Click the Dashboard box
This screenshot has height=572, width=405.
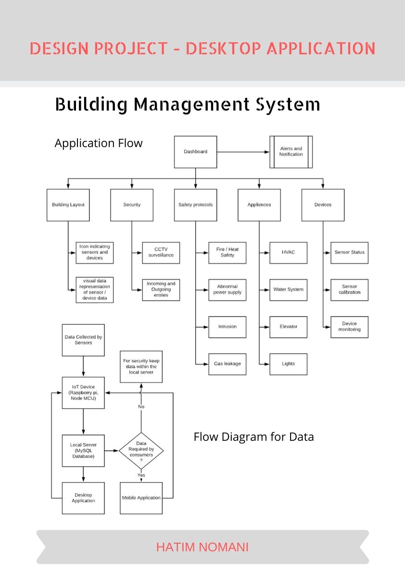tap(195, 152)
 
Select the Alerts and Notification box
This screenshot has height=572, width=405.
tap(291, 152)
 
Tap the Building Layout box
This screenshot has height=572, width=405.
tap(68, 205)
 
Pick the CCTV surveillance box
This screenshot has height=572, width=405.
tap(161, 252)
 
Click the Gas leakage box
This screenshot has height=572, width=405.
tap(227, 364)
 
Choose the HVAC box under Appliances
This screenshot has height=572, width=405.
tap(288, 252)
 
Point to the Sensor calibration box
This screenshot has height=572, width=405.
tap(349, 289)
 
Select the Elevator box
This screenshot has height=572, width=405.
tap(288, 327)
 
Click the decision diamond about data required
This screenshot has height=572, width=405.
tap(141, 451)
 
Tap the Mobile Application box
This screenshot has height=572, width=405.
tap(141, 498)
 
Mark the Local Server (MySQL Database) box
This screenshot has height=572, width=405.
tap(83, 450)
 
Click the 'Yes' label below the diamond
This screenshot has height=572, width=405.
tap(141, 475)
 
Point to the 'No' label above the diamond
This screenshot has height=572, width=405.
tap(141, 407)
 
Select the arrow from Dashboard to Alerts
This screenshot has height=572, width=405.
tap(243, 152)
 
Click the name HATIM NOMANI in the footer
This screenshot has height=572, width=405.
tap(202, 547)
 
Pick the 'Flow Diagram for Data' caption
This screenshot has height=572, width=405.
tap(253, 437)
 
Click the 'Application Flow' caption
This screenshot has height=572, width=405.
tap(99, 143)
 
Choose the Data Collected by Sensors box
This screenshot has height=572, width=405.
tap(83, 340)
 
